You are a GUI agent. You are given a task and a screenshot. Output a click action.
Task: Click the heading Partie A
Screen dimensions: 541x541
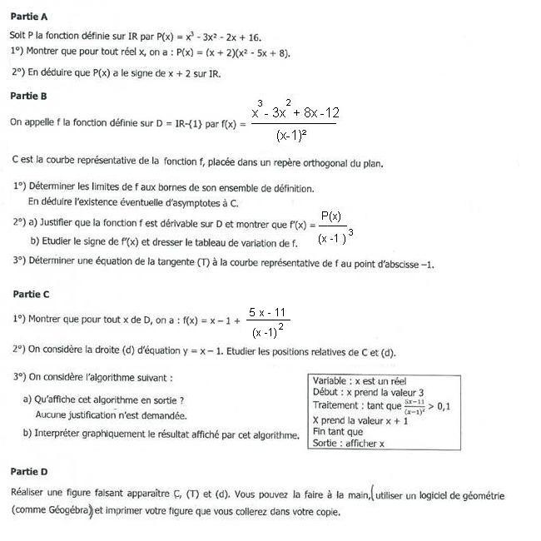(29, 16)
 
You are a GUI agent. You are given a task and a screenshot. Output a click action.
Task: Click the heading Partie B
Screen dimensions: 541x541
(29, 97)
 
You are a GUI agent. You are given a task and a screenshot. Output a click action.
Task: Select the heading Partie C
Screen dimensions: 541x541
(30, 294)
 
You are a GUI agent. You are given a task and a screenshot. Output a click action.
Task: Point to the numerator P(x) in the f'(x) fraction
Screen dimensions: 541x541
(331, 216)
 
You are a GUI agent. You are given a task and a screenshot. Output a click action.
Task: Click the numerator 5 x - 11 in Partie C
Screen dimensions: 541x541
(264, 312)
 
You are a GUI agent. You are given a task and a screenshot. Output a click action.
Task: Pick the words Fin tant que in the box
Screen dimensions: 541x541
(337, 432)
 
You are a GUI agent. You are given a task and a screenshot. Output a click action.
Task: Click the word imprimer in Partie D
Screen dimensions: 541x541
(127, 510)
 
